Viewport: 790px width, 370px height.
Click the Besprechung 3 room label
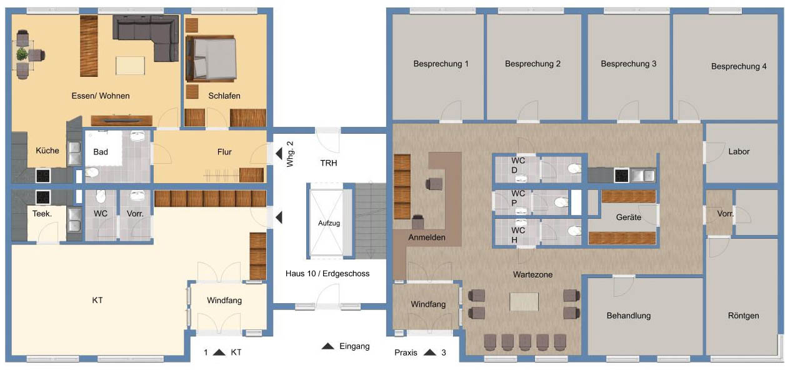tap(629, 64)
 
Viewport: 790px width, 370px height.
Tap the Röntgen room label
tap(744, 316)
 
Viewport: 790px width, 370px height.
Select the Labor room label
tap(739, 152)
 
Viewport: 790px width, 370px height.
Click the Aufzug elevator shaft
tap(329, 222)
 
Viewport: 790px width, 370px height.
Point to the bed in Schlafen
tap(211, 58)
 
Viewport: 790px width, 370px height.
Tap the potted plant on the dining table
tap(22, 54)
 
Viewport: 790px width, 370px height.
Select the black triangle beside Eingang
tap(328, 346)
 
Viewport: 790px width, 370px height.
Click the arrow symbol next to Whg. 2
tap(279, 154)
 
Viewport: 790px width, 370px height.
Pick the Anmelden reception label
tap(427, 237)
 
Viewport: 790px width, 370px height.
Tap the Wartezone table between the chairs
tap(524, 302)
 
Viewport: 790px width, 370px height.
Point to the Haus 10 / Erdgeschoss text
tap(327, 274)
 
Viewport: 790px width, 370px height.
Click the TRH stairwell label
tap(328, 163)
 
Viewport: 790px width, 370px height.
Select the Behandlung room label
tap(629, 316)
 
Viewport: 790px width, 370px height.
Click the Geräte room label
tap(629, 217)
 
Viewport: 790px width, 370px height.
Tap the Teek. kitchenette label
tap(42, 214)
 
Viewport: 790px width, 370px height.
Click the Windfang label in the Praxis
tap(428, 304)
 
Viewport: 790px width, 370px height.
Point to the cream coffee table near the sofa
tap(131, 66)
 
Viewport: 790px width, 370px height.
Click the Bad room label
tap(101, 152)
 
